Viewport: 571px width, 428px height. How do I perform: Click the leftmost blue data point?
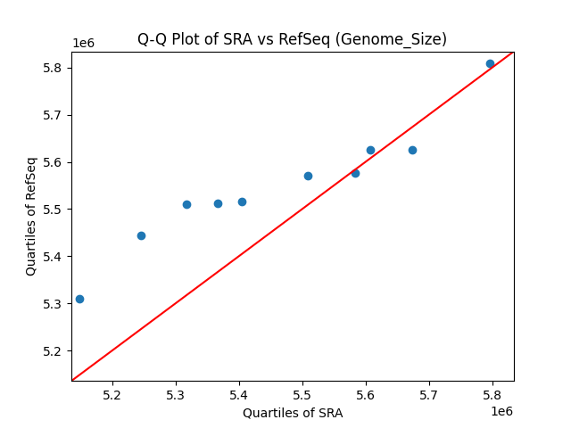point(79,299)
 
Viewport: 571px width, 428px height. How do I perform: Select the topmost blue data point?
point(490,63)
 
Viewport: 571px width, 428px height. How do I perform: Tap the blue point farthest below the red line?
point(412,150)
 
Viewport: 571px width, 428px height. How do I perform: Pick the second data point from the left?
point(141,235)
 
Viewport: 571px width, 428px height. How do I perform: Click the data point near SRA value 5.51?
point(308,176)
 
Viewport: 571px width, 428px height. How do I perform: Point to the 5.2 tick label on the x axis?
point(112,395)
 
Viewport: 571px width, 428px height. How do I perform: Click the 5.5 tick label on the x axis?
point(302,395)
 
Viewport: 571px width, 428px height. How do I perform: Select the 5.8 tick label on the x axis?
point(492,395)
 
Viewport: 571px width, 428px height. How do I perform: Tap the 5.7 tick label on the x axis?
point(429,395)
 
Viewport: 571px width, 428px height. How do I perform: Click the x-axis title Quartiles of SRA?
point(293,413)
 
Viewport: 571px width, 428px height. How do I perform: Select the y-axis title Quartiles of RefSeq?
point(31,216)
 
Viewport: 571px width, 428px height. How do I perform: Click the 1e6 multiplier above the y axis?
point(83,43)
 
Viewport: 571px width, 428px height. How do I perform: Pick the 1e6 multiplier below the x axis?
point(501,411)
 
